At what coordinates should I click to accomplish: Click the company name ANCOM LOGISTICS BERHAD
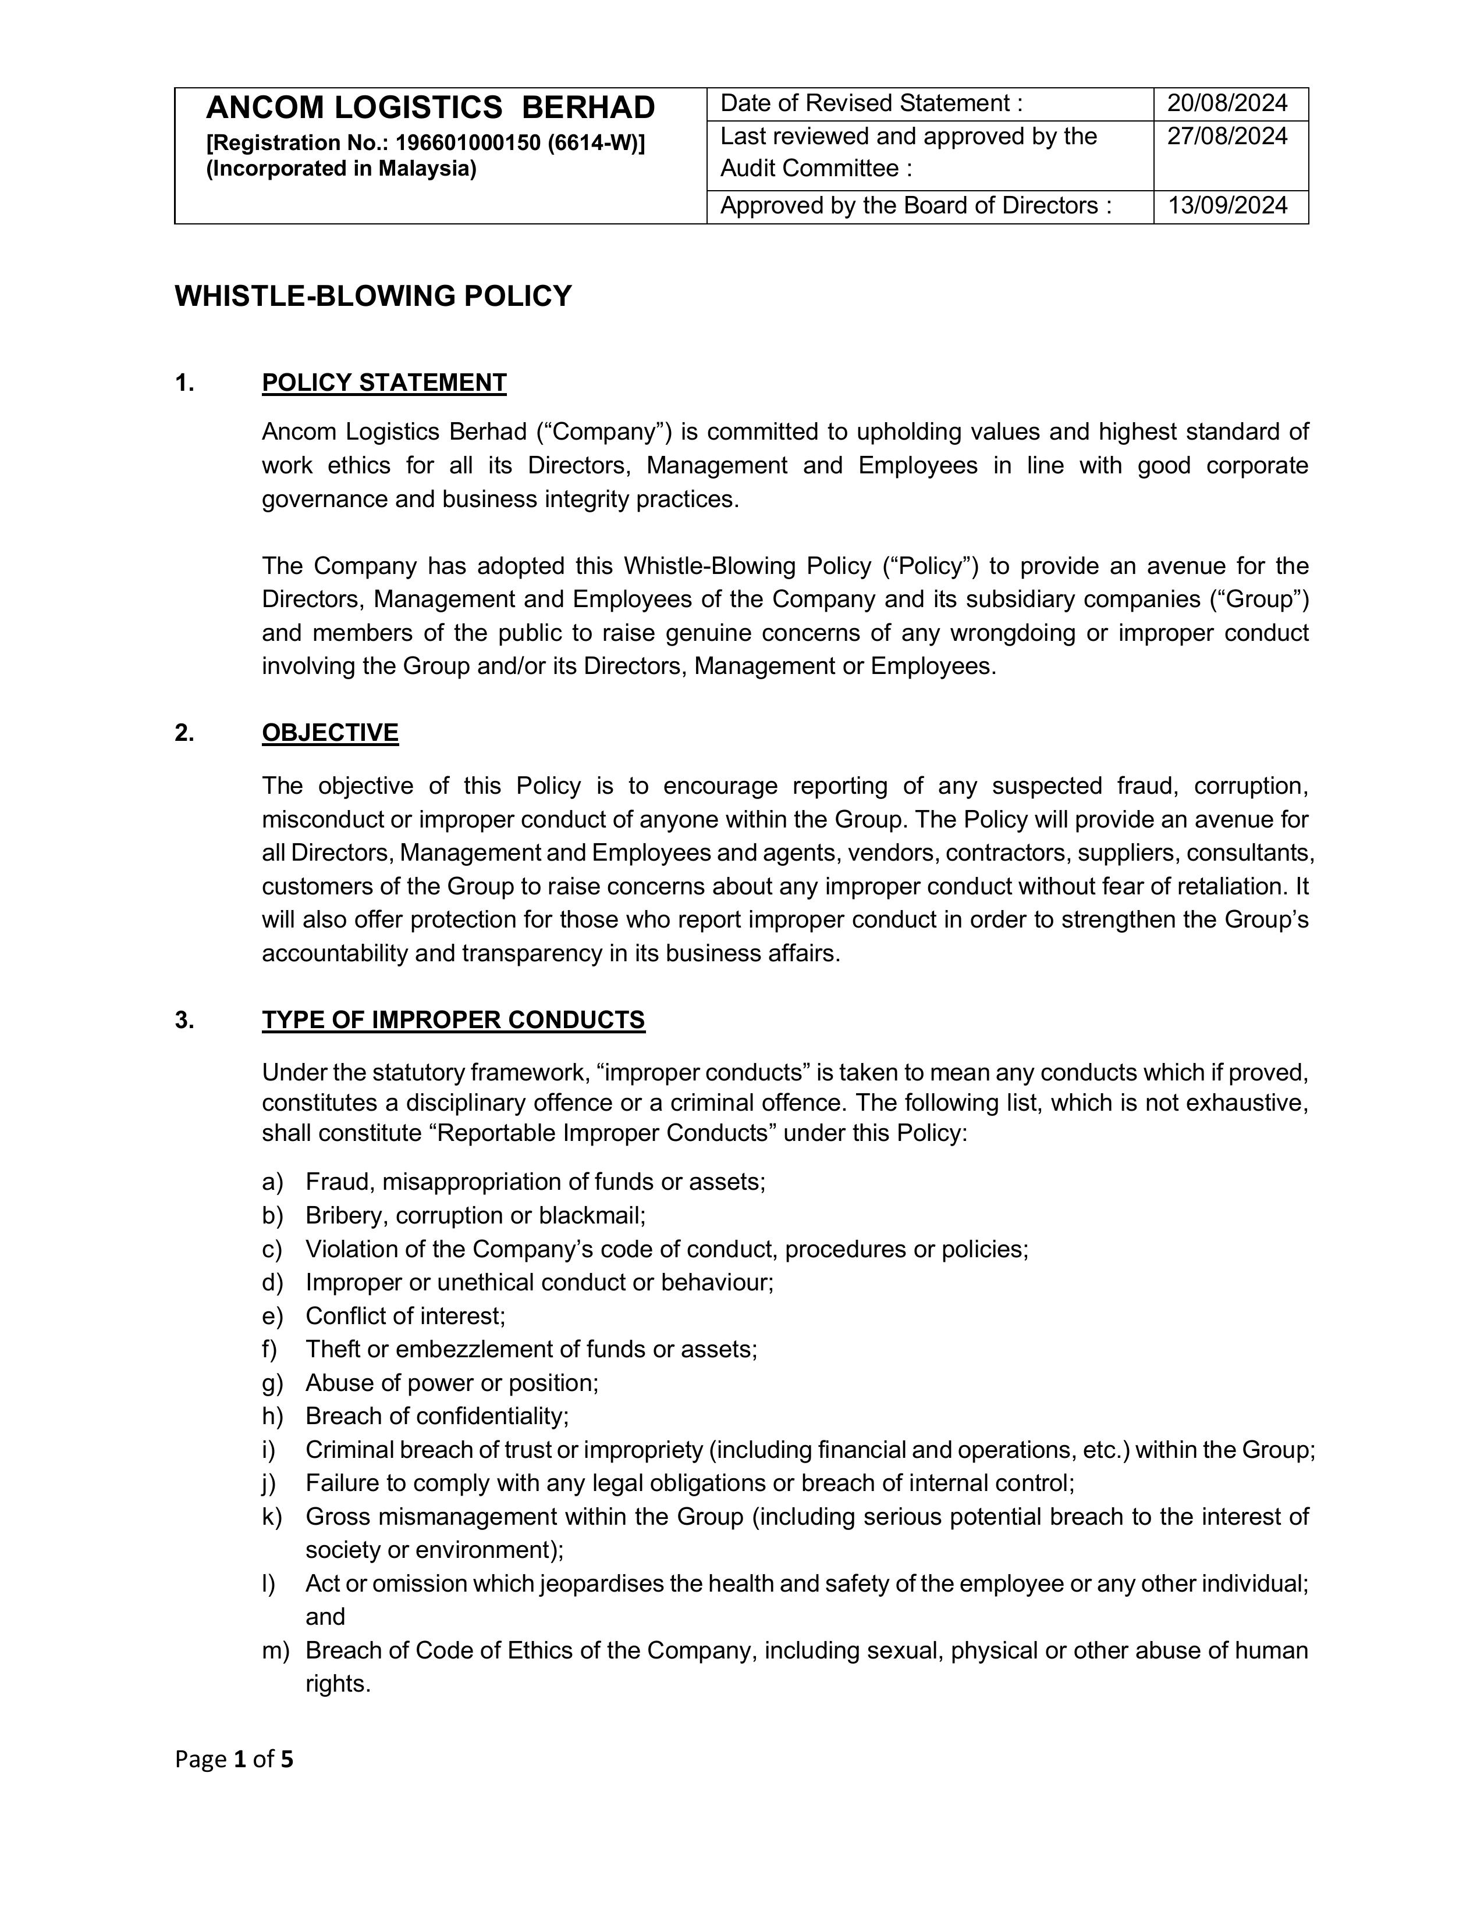click(430, 108)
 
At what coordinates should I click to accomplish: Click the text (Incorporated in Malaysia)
click(341, 169)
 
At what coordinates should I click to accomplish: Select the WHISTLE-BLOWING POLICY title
click(373, 296)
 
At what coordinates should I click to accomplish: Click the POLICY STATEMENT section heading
click(384, 383)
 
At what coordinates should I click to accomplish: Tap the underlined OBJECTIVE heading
click(329, 733)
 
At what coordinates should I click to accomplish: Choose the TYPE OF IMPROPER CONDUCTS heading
click(453, 1020)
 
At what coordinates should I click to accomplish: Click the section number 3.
click(184, 1020)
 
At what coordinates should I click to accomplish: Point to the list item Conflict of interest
click(405, 1316)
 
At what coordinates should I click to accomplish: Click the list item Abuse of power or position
click(452, 1383)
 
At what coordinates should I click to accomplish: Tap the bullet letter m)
click(275, 1651)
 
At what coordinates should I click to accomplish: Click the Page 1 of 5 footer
click(234, 1760)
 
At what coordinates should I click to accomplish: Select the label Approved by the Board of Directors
click(915, 206)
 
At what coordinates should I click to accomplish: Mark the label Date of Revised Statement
click(871, 104)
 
